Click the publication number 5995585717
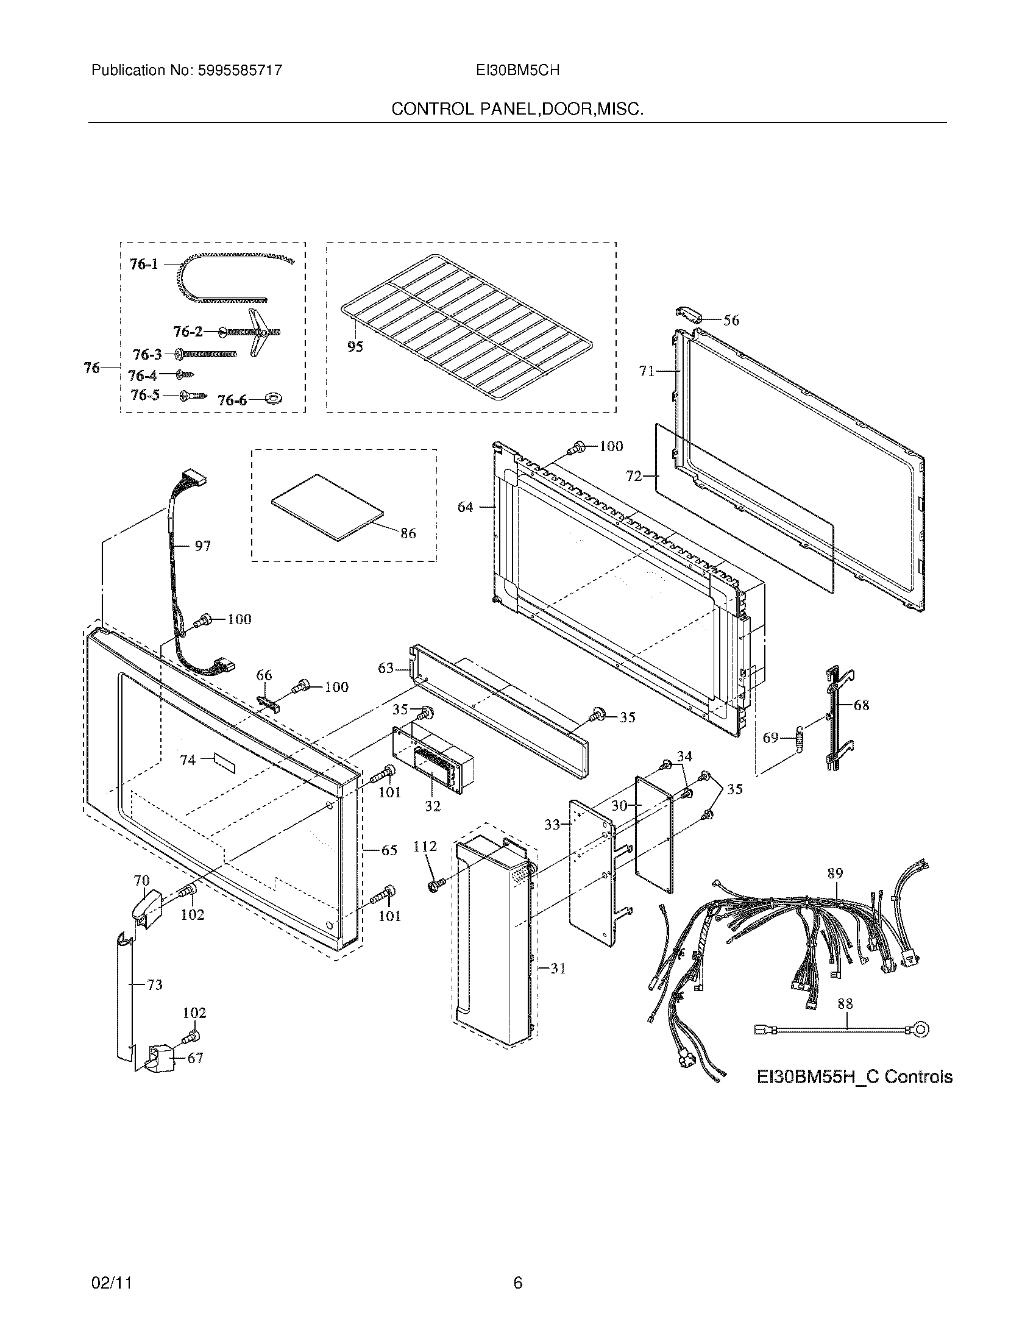(240, 71)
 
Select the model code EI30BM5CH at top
(517, 71)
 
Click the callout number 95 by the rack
(355, 346)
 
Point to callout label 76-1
(144, 264)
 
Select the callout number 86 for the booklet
(408, 533)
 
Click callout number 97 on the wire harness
(202, 546)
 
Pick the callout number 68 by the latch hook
(861, 705)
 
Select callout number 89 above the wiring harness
(835, 873)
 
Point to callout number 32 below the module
(433, 806)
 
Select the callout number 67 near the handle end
(194, 1058)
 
